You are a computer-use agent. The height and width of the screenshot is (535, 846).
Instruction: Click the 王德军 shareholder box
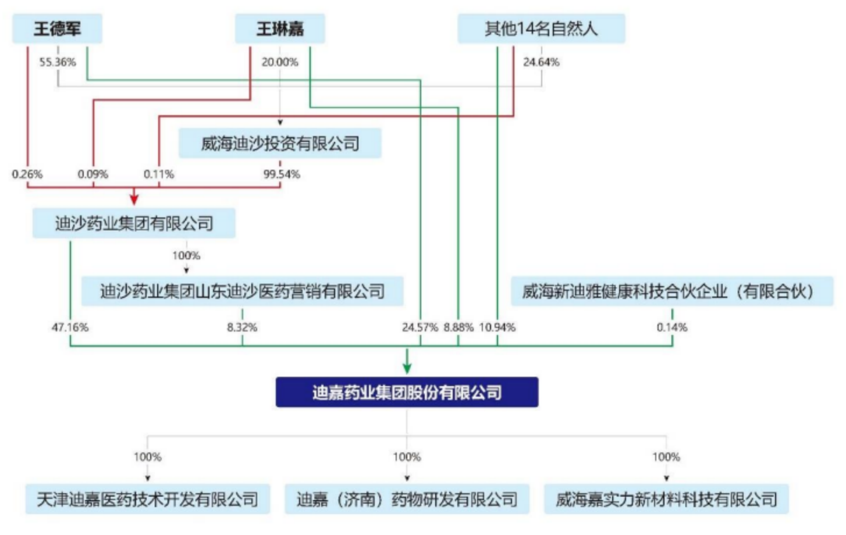pyautogui.click(x=57, y=28)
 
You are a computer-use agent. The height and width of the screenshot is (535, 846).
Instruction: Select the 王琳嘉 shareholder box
pyautogui.click(x=280, y=28)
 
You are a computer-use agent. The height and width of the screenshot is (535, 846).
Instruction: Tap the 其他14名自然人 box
pyautogui.click(x=541, y=28)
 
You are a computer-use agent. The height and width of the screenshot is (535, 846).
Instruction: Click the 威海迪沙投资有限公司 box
pyautogui.click(x=280, y=143)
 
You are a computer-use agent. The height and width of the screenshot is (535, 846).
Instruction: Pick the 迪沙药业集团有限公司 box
pyautogui.click(x=134, y=223)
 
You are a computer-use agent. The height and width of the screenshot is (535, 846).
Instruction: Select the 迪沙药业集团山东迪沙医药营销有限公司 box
pyautogui.click(x=242, y=291)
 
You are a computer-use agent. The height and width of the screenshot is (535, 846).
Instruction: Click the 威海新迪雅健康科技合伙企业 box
pyautogui.click(x=671, y=291)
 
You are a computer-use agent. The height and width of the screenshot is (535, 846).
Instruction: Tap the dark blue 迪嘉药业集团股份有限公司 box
pyautogui.click(x=407, y=393)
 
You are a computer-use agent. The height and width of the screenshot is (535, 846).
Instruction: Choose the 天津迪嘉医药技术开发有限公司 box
pyautogui.click(x=147, y=499)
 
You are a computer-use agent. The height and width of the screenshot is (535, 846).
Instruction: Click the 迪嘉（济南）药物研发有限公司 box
pyautogui.click(x=407, y=499)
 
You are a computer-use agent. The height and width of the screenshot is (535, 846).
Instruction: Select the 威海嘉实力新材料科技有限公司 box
pyautogui.click(x=666, y=499)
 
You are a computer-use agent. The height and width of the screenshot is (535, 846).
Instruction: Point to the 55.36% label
pyautogui.click(x=58, y=62)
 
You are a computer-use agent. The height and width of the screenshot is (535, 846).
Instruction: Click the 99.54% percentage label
pyautogui.click(x=282, y=174)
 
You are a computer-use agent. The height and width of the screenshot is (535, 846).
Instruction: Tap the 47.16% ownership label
pyautogui.click(x=70, y=327)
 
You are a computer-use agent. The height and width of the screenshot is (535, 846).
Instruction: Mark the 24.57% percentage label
pyautogui.click(x=420, y=327)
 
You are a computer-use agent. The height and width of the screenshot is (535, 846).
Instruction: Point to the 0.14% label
pyautogui.click(x=672, y=327)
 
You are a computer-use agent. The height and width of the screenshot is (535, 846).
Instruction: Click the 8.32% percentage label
pyautogui.click(x=242, y=327)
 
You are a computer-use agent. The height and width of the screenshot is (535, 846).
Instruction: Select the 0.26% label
pyautogui.click(x=27, y=174)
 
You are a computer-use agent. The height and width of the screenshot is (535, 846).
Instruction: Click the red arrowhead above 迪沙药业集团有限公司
pyautogui.click(x=134, y=199)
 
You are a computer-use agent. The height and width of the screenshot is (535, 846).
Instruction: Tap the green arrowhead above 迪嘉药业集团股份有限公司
pyautogui.click(x=407, y=368)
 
